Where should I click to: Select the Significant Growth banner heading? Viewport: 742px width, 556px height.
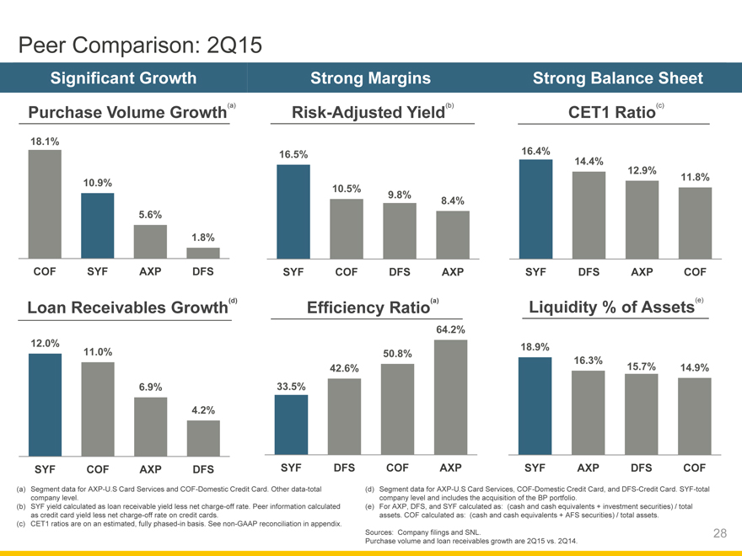pos(124,78)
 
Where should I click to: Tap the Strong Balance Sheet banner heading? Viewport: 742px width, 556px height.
pos(617,78)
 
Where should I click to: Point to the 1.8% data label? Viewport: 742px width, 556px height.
pos(202,238)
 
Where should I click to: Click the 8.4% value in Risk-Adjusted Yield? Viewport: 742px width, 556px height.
pos(453,200)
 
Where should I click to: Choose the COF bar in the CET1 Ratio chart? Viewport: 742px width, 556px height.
pos(695,222)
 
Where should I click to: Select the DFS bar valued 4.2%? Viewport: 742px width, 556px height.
pos(203,437)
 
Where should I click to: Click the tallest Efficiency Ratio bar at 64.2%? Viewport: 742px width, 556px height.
pos(452,396)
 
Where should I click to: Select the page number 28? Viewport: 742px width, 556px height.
pos(719,532)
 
